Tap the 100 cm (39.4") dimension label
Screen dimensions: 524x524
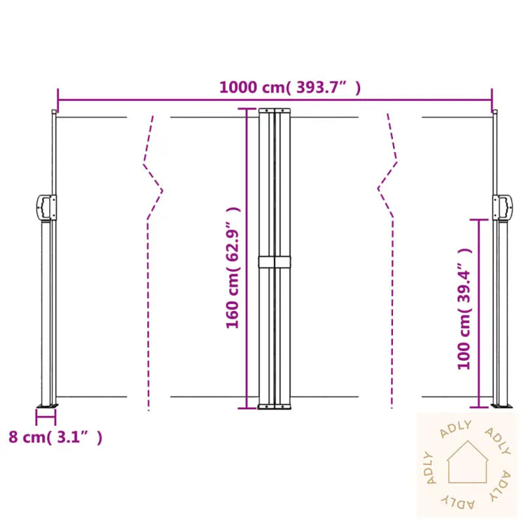click(464, 309)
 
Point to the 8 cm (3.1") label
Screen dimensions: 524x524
click(56, 437)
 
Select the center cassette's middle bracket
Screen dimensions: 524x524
click(274, 261)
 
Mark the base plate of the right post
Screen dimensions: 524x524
click(502, 407)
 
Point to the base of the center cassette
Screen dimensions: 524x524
click(274, 407)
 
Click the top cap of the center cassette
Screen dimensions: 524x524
click(274, 109)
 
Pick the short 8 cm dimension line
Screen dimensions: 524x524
click(46, 413)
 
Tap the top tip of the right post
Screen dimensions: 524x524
click(495, 112)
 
